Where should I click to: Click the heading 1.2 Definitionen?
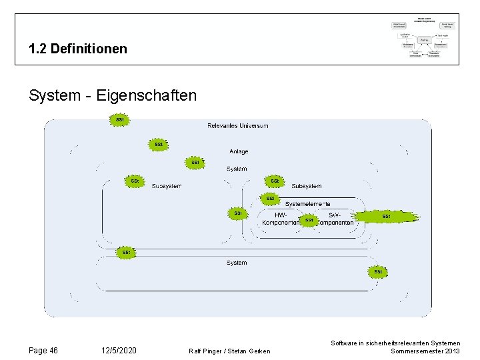pos(78,49)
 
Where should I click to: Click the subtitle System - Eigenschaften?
pos(113,95)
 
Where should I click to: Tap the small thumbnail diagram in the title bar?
pos(424,39)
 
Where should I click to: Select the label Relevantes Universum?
pos(238,125)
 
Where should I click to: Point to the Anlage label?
pos(239,151)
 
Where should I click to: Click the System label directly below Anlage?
pos(237,169)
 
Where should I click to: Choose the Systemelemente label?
pos(307,203)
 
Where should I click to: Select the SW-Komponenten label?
pos(335,218)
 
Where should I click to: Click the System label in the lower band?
pos(237,263)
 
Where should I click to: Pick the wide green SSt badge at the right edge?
pos(386,216)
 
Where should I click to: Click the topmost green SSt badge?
pos(120,120)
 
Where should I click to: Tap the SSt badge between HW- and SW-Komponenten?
pos(309,220)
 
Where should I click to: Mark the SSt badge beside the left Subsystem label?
pos(135,181)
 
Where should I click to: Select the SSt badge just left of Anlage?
pos(158,144)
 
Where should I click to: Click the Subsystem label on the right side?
pos(307,186)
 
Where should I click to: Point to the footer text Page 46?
pos(43,351)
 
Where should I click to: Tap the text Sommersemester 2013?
pos(425,351)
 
